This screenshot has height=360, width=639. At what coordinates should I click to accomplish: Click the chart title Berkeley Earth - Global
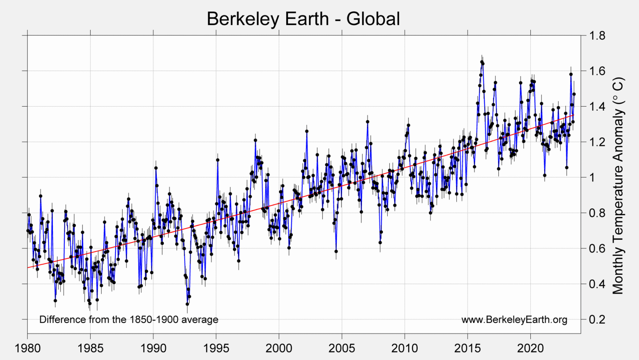pyautogui.click(x=303, y=19)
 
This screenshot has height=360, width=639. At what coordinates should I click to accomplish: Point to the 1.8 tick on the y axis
pyautogui.click(x=597, y=35)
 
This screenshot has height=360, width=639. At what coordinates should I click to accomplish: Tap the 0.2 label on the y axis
pyautogui.click(x=597, y=320)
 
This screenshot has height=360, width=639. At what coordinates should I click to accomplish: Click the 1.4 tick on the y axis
pyautogui.click(x=597, y=107)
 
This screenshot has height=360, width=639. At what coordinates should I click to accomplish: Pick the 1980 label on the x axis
pyautogui.click(x=27, y=348)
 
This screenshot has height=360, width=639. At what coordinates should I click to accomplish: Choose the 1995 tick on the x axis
pyautogui.click(x=216, y=348)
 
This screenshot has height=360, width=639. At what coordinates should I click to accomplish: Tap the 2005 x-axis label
pyautogui.click(x=342, y=348)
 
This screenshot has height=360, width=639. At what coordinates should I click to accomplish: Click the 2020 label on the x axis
pyautogui.click(x=530, y=348)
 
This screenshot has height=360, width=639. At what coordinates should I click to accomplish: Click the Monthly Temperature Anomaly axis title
pyautogui.click(x=619, y=186)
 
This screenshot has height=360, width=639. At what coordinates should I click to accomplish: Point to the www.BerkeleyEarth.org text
pyautogui.click(x=514, y=320)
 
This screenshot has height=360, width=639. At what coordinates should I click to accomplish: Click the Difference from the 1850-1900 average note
pyautogui.click(x=129, y=320)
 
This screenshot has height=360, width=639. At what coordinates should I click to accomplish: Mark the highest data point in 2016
pyautogui.click(x=482, y=62)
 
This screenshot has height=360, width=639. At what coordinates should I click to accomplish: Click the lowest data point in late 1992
pyautogui.click(x=187, y=304)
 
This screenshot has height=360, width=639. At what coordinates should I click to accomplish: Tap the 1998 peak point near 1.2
pyautogui.click(x=255, y=140)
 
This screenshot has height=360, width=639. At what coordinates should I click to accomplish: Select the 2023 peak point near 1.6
pyautogui.click(x=571, y=74)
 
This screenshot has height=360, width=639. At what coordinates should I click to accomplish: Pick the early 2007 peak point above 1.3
pyautogui.click(x=367, y=122)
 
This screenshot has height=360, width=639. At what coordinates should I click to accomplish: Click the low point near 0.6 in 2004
pyautogui.click(x=336, y=251)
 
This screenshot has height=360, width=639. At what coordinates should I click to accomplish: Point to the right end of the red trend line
pyautogui.click(x=574, y=115)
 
